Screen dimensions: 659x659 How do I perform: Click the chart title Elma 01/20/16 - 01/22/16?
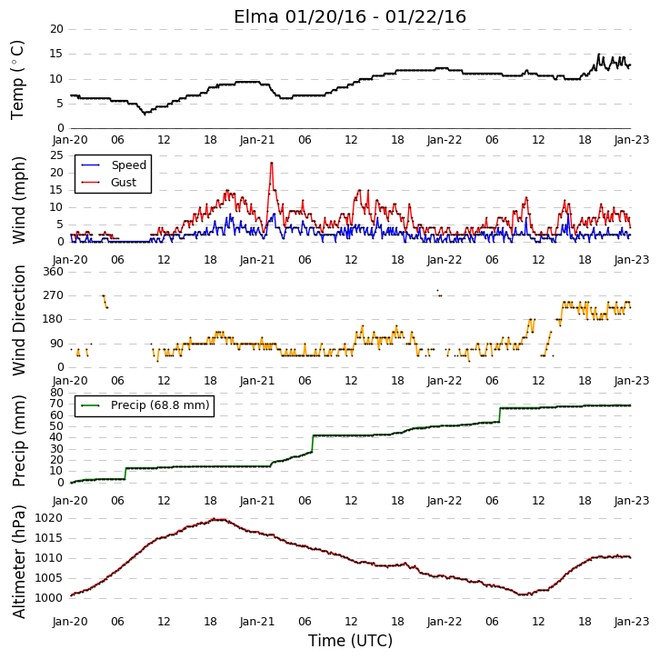click(350, 16)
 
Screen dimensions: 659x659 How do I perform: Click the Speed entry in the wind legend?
click(114, 165)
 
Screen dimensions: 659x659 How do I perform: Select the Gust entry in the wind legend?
click(108, 182)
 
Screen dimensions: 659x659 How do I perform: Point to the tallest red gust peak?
click(272, 163)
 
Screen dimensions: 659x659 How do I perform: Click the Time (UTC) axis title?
click(350, 641)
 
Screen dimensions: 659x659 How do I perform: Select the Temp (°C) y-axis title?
click(17, 80)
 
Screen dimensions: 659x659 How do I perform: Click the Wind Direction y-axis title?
click(19, 320)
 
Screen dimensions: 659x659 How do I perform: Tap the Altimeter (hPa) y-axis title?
click(18, 562)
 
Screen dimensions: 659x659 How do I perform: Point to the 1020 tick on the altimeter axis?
click(48, 518)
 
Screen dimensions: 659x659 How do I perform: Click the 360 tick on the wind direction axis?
click(54, 272)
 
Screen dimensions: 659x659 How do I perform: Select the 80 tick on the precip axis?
click(56, 393)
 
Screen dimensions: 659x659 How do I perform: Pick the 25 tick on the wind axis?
click(56, 155)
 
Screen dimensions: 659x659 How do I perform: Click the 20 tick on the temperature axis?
click(56, 29)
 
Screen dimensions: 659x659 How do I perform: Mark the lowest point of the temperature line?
click(145, 114)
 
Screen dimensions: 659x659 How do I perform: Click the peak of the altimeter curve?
click(214, 519)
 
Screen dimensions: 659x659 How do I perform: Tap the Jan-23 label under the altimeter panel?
click(631, 621)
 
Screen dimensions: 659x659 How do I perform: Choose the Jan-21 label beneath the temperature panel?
click(257, 140)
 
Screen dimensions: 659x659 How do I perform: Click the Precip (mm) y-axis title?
click(18, 441)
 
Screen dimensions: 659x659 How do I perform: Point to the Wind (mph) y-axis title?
click(18, 200)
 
